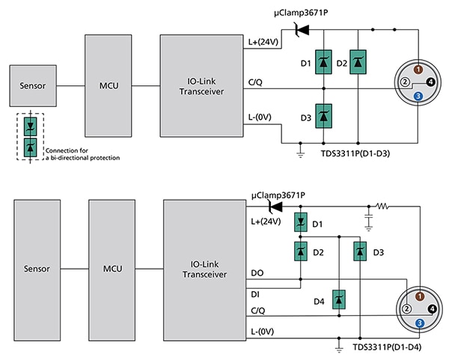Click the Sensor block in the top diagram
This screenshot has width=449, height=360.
tap(33, 85)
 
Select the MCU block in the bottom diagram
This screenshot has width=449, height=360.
tap(112, 270)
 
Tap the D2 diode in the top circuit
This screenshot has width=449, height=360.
tap(358, 62)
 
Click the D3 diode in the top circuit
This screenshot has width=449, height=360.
tap(323, 116)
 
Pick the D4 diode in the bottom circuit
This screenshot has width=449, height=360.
tap(339, 299)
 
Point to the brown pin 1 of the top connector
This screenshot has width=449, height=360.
tap(418, 70)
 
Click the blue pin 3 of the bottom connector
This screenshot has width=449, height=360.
tap(420, 323)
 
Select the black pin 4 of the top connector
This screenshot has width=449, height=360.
tap(430, 82)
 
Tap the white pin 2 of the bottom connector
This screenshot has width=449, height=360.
tap(406, 309)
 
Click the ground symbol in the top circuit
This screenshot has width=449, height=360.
tap(300, 153)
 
